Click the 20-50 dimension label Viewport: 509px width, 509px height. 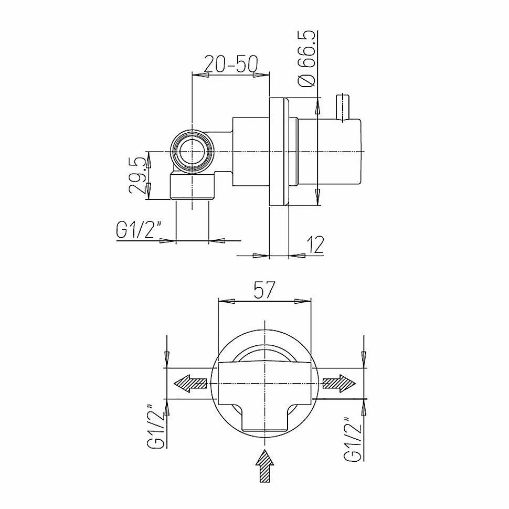[231, 63]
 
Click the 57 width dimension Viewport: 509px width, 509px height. [264, 290]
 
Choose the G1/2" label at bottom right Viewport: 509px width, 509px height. [353, 438]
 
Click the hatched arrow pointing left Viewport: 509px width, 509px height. [190, 384]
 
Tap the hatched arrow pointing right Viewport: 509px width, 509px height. [339, 384]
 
